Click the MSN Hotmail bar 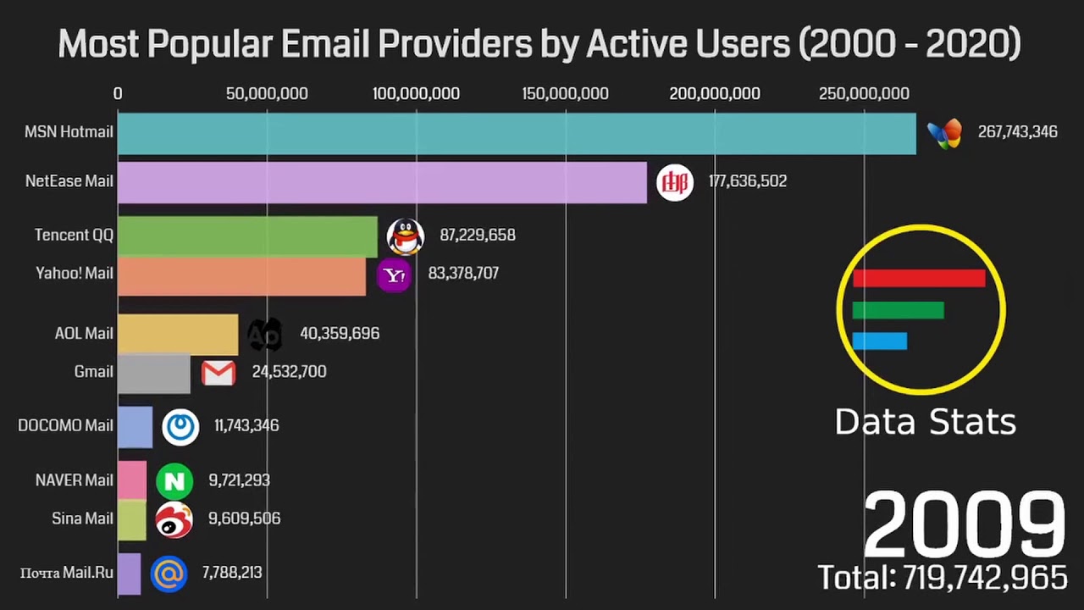pos(517,133)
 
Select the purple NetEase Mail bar pos(382,183)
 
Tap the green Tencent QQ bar pos(247,236)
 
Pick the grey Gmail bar pos(154,373)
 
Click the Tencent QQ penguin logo pos(406,236)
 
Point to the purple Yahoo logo pos(394,275)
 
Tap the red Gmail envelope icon pos(218,372)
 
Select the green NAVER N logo pos(174,481)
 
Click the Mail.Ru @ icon pos(169,574)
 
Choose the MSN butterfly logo pos(944,133)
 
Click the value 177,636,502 pos(748,181)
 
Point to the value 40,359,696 pos(340,334)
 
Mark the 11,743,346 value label pos(246,425)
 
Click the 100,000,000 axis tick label pos(416,94)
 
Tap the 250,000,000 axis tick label pos(864,94)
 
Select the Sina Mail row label pos(82,518)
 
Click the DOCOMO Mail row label pos(65,425)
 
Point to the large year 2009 pos(964,525)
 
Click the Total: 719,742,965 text pos(942,578)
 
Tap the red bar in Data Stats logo pos(919,278)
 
